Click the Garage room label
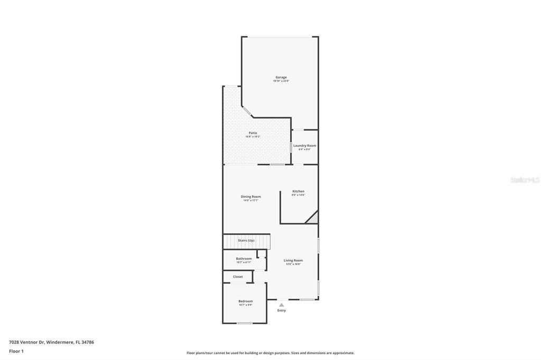pyautogui.click(x=281, y=77)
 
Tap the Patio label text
pyautogui.click(x=253, y=132)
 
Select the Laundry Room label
pyautogui.click(x=305, y=146)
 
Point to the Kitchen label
pyautogui.click(x=299, y=191)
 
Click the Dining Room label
pyautogui.click(x=251, y=196)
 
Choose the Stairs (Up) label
pyautogui.click(x=246, y=241)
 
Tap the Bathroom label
pyautogui.click(x=244, y=259)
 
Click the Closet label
pyautogui.click(x=238, y=277)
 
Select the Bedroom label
pyautogui.click(x=245, y=301)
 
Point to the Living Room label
pyautogui.click(x=293, y=260)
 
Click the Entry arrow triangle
pyautogui.click(x=282, y=305)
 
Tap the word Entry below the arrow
pyautogui.click(x=282, y=310)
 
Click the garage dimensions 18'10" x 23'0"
pyautogui.click(x=281, y=81)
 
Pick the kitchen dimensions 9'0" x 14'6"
pyautogui.click(x=299, y=195)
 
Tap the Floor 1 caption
pyautogui.click(x=16, y=351)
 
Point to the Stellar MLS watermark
pyautogui.click(x=525, y=180)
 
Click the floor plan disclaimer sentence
pyautogui.click(x=270, y=353)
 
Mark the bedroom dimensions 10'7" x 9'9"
pyautogui.click(x=245, y=305)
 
